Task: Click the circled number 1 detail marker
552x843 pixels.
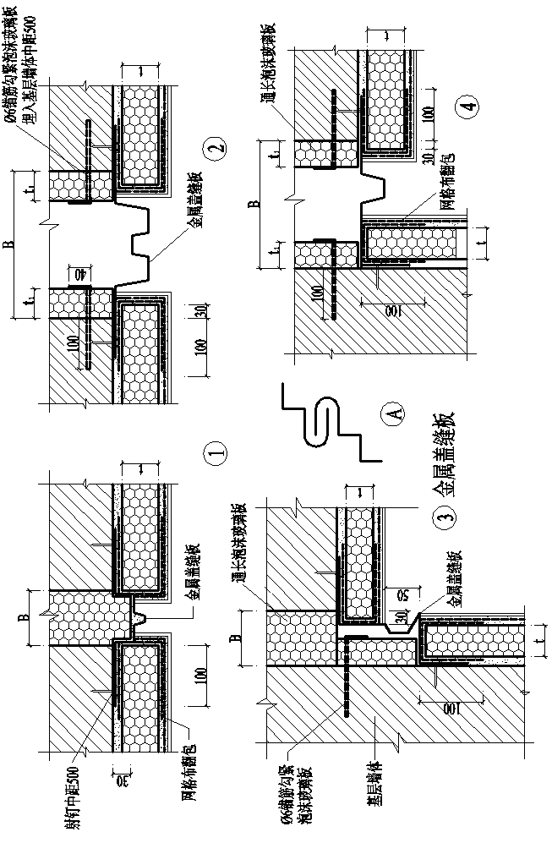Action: click(x=216, y=455)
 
